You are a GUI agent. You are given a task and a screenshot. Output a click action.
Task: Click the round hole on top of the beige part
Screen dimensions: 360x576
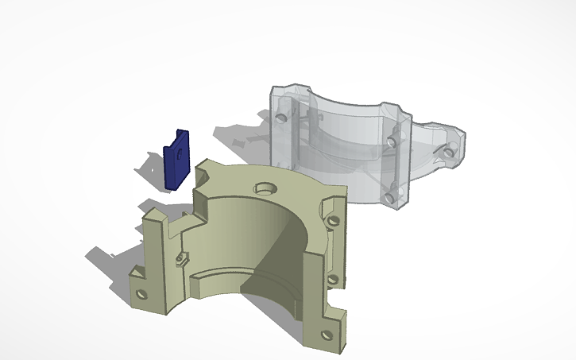265,189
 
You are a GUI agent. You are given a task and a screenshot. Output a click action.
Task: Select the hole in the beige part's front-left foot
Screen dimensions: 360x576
143,294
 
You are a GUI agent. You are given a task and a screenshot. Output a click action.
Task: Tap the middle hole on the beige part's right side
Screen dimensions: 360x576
333,279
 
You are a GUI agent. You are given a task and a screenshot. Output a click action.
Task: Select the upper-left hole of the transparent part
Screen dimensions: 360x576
280,116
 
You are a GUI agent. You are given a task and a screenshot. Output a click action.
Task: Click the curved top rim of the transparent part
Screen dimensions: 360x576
342,99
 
